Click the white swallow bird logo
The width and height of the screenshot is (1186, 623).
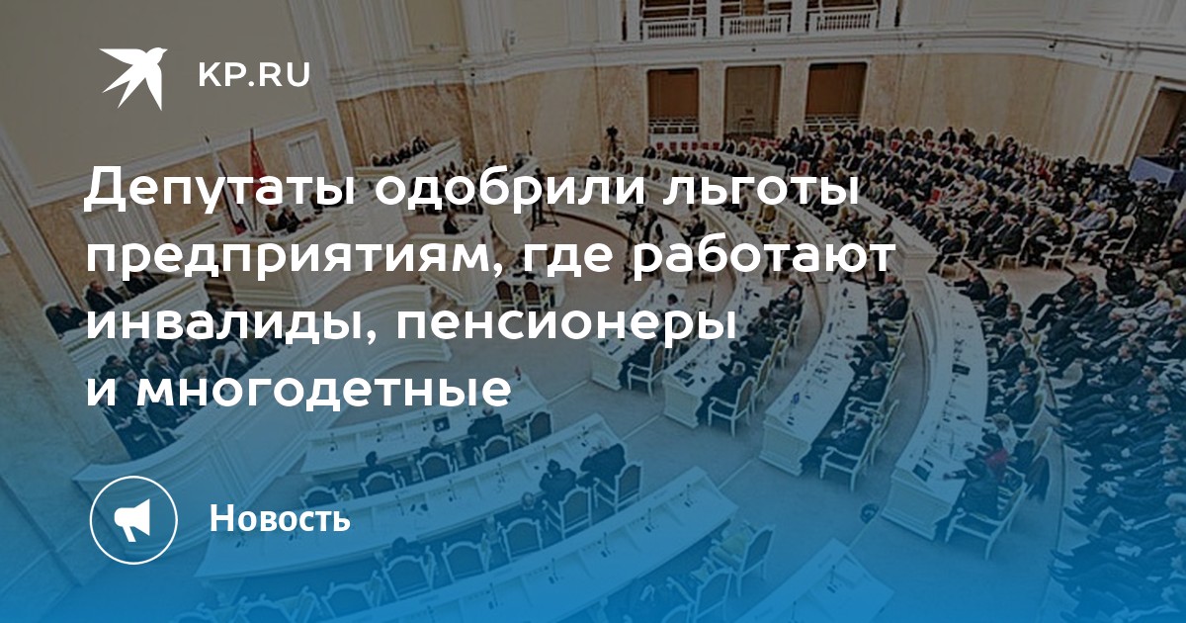[x=134, y=77]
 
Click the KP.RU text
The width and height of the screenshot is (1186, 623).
[x=254, y=76]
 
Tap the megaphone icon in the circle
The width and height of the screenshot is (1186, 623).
[x=134, y=520]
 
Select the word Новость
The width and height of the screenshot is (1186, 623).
[x=280, y=518]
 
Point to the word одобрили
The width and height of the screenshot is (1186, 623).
[x=512, y=187]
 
